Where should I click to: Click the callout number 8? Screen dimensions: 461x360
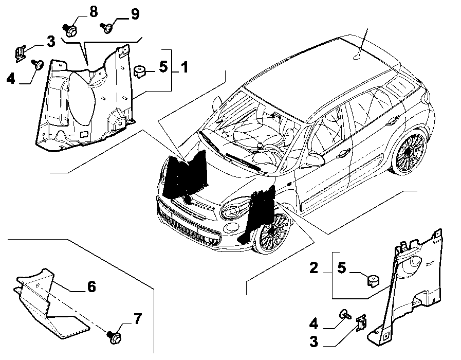(x=93, y=12)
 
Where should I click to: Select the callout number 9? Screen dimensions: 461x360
(x=135, y=13)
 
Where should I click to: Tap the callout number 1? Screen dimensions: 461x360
(x=185, y=67)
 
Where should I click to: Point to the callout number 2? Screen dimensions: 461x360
(x=314, y=268)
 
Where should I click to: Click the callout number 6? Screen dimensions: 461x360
(x=91, y=286)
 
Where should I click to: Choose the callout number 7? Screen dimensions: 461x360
(x=138, y=319)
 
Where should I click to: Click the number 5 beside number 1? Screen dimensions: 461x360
(x=163, y=66)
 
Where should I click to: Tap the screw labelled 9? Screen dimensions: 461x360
(x=107, y=28)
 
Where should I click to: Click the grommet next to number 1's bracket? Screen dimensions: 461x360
(x=140, y=71)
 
